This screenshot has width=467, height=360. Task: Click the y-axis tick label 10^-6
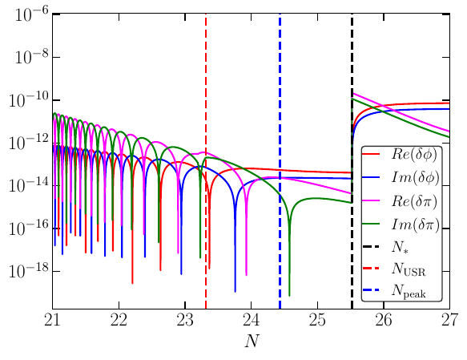(x=28, y=14)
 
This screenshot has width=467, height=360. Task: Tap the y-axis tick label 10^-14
(x=28, y=185)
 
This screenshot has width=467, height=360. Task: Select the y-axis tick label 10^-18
(x=28, y=271)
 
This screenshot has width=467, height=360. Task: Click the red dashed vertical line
(x=206, y=80)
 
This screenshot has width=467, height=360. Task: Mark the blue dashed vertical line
(x=280, y=80)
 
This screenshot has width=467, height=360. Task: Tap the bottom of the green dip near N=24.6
(x=289, y=295)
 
